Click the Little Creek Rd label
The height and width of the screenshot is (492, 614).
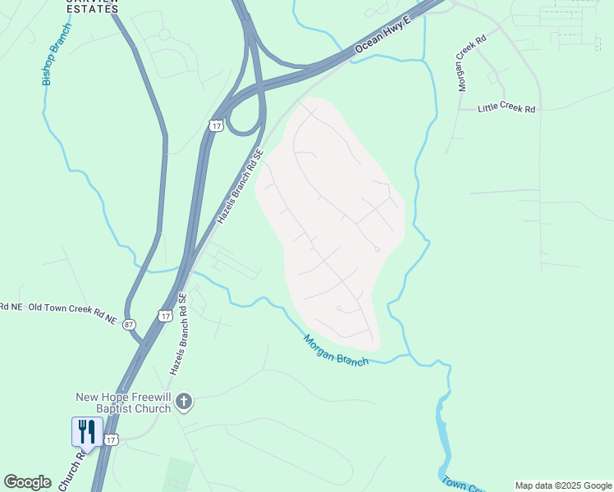[x=506, y=108]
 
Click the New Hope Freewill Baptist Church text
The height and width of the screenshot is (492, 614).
[x=122, y=403]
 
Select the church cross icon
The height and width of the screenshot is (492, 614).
[x=185, y=402]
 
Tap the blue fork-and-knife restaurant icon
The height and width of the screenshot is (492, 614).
[x=87, y=431]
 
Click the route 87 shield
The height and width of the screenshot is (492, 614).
[x=130, y=325]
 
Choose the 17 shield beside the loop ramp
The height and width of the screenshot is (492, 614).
[x=215, y=125]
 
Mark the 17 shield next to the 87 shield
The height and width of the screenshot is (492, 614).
[x=164, y=316]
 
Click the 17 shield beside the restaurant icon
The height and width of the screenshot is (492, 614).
[x=112, y=440]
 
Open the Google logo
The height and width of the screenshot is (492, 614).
[x=27, y=482]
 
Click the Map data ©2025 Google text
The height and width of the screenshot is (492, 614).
[x=563, y=485]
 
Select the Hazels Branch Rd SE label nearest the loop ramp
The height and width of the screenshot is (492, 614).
[x=239, y=187]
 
